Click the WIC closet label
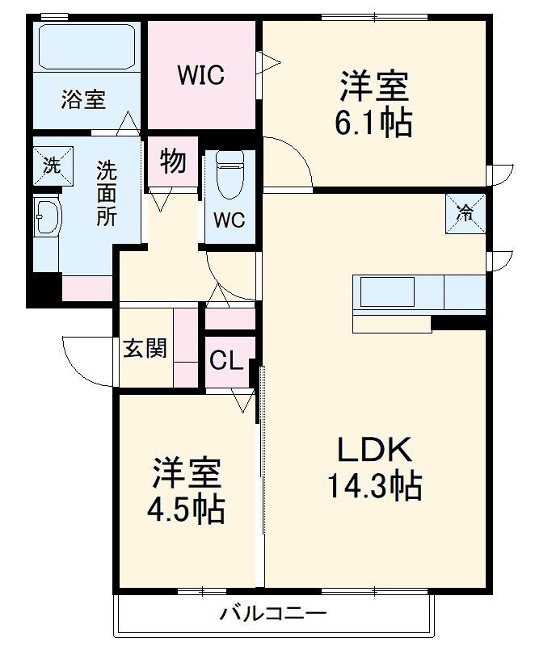tap(201, 75)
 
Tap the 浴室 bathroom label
tap(83, 100)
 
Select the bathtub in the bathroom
tap(87, 48)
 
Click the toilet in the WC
tap(230, 173)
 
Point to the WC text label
tap(230, 220)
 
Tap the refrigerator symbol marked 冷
tap(465, 213)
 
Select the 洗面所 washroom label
tap(106, 193)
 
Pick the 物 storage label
tap(172, 161)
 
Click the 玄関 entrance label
tap(145, 349)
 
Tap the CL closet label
tap(226, 361)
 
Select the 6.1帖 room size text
tap(373, 123)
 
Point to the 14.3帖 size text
tap(373, 484)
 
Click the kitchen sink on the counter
tap(386, 292)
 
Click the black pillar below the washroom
tap(44, 290)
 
